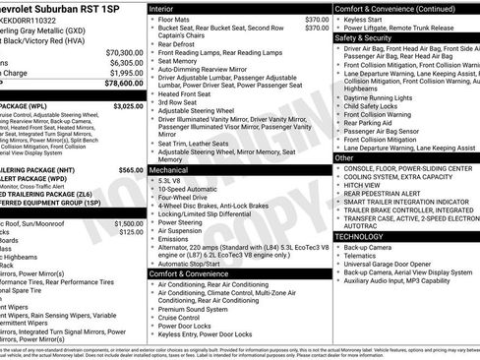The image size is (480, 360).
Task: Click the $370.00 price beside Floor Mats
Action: coord(317,19)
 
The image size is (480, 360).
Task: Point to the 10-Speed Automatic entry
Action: coord(189,190)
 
